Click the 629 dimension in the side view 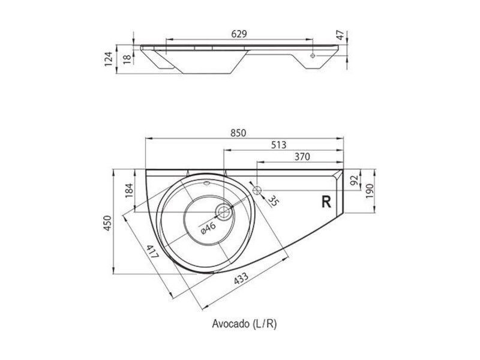[239, 34]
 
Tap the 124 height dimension [109, 59]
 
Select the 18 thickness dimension [128, 58]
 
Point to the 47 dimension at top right [340, 35]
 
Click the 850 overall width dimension [238, 133]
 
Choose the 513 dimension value [278, 145]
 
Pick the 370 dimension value [302, 157]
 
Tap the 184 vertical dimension [130, 190]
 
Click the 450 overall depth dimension [108, 223]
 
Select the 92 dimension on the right [354, 181]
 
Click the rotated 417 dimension [152, 251]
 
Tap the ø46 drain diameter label [208, 228]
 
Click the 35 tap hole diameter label [274, 201]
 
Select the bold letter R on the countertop [326, 202]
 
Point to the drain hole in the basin [224, 211]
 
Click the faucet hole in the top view [257, 190]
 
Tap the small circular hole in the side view [313, 56]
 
